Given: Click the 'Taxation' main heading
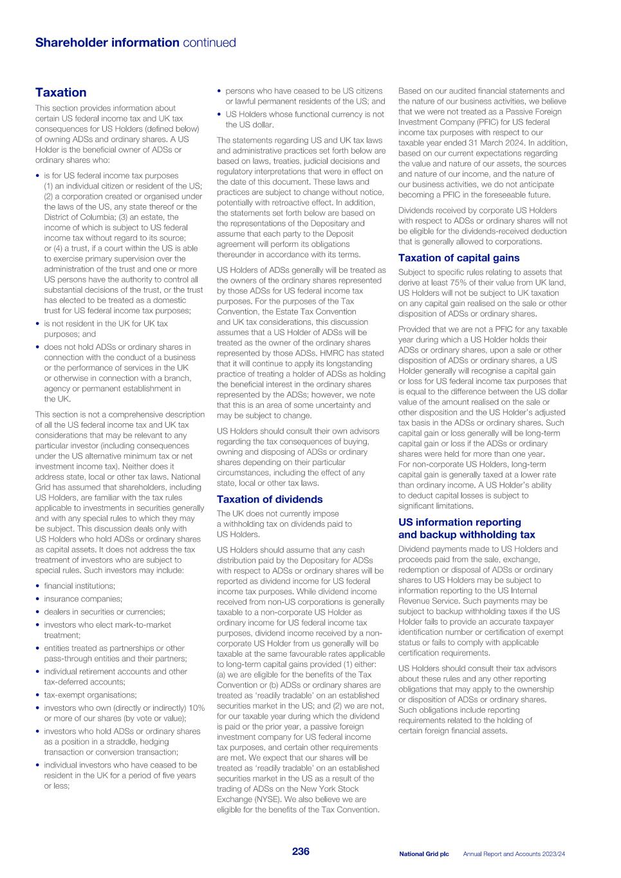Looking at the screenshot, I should (x=60, y=93).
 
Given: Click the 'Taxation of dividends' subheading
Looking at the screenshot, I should (x=269, y=499).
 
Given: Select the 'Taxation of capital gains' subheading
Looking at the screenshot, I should (x=458, y=258).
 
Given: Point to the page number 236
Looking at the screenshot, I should (x=301, y=852).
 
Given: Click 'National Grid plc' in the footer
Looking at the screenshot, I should (x=423, y=854).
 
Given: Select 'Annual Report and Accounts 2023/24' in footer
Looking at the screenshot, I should (x=514, y=854).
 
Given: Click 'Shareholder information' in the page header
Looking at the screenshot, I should (x=107, y=43).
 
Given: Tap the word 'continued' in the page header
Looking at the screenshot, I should (x=209, y=43).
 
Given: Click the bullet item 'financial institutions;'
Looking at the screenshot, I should (x=79, y=586).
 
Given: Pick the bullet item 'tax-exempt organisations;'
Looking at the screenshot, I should (x=90, y=695).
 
